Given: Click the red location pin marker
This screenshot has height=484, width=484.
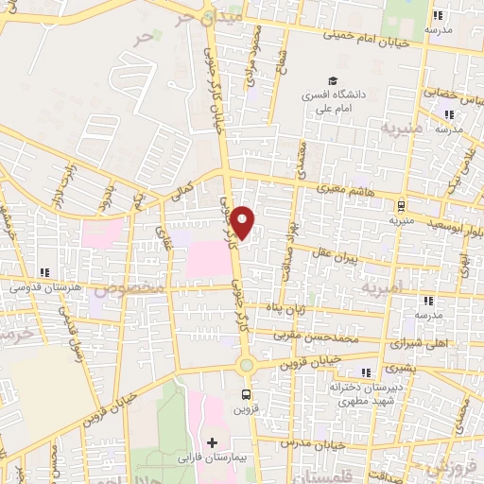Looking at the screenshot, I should [x=245, y=222].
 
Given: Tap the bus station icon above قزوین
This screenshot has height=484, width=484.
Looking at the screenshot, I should [x=247, y=395].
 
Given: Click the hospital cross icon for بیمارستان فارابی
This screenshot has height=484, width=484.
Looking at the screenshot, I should [x=212, y=442].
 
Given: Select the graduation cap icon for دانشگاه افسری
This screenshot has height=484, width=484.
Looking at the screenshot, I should [x=332, y=80].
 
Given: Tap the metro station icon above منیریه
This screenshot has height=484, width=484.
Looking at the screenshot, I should [x=401, y=205].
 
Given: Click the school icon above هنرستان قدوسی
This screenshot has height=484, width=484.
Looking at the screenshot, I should [x=44, y=272].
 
